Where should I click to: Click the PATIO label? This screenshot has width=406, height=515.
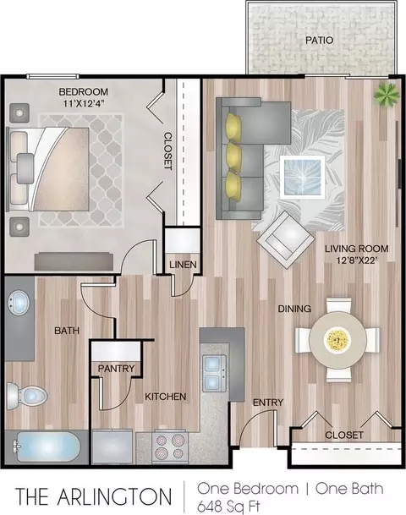click(319, 41)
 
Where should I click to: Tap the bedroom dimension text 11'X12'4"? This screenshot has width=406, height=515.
click(84, 103)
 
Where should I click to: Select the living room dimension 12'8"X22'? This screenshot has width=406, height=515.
click(356, 260)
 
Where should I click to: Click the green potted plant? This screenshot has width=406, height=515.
click(387, 94)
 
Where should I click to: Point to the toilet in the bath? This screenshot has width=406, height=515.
click(27, 396)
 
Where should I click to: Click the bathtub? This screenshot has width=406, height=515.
click(47, 447)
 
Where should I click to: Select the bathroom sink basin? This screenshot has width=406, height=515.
click(19, 303)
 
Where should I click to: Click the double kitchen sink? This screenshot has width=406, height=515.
click(215, 373)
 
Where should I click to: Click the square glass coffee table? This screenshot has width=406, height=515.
click(302, 177)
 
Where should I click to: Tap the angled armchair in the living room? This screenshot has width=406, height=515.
click(285, 239)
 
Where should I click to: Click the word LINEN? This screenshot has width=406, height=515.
click(183, 265)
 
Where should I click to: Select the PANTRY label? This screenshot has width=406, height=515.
click(116, 369)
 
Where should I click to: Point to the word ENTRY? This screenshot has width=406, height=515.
click(268, 403)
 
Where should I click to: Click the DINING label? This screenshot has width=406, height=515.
click(294, 309)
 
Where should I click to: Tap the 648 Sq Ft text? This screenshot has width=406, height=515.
click(228, 506)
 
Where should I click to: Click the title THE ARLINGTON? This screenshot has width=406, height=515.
click(94, 496)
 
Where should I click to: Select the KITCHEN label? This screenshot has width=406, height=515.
click(166, 397)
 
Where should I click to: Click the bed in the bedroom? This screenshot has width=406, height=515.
click(48, 169)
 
